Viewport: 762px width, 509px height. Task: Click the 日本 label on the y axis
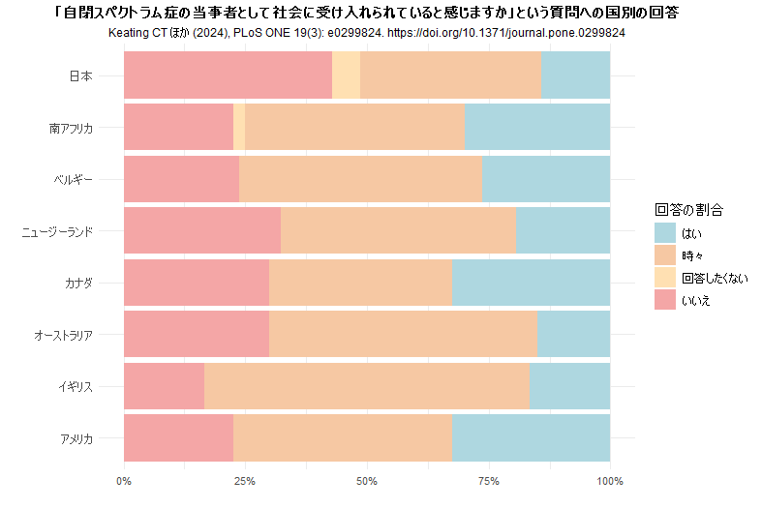pyautogui.click(x=80, y=75)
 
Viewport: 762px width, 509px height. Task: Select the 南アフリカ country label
pyautogui.click(x=71, y=128)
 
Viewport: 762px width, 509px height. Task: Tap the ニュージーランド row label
pyautogui.click(x=57, y=231)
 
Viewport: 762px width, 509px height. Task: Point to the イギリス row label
pyautogui.click(x=75, y=387)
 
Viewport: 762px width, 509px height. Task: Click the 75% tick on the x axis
pyautogui.click(x=488, y=480)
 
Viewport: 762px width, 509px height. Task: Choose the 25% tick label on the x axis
pyautogui.click(x=245, y=480)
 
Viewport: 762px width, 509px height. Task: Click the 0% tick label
pyautogui.click(x=124, y=480)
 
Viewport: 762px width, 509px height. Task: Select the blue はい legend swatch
pyautogui.click(x=664, y=233)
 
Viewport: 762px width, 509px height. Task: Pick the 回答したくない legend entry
pyautogui.click(x=715, y=278)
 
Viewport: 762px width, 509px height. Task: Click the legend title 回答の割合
pyautogui.click(x=688, y=209)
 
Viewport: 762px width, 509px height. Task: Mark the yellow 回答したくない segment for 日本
pyautogui.click(x=346, y=75)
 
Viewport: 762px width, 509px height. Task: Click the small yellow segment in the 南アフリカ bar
pyautogui.click(x=239, y=127)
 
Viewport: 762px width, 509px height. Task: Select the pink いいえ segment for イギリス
pyautogui.click(x=164, y=386)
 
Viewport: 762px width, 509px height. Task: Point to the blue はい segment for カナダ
pyautogui.click(x=531, y=283)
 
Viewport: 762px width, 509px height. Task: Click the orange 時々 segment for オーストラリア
pyautogui.click(x=403, y=335)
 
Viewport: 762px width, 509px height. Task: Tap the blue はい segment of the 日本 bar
pyautogui.click(x=575, y=75)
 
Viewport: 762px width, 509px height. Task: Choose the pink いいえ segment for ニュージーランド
pyautogui.click(x=202, y=230)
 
